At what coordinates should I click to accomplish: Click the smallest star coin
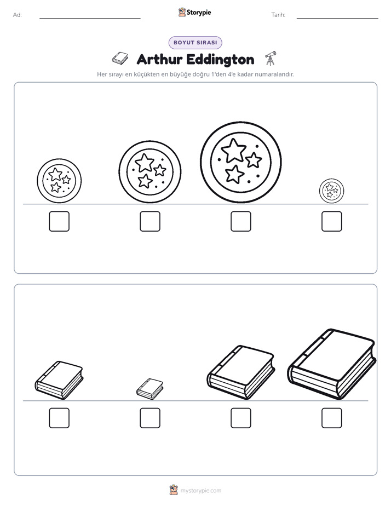point(332,191)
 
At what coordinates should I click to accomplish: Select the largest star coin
point(240,162)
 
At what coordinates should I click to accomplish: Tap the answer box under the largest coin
point(240,221)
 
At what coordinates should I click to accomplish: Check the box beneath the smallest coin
point(332,221)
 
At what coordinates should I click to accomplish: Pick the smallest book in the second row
point(150,389)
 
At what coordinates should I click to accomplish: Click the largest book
point(332,364)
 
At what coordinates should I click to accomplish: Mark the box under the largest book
point(332,418)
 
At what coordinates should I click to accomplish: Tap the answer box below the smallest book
point(150,418)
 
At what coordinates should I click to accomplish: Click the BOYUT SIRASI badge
point(195,43)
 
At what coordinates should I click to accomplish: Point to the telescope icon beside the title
point(271,58)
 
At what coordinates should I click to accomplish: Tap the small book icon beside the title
point(120,59)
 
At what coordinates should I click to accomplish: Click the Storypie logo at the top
point(195,12)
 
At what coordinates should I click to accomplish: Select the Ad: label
point(18,15)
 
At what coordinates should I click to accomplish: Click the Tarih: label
point(278,15)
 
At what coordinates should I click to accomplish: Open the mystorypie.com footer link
point(200,491)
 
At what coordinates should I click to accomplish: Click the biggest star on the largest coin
point(234,151)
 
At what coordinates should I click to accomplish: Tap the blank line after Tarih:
point(337,19)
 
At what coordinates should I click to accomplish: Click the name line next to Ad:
point(90,19)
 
